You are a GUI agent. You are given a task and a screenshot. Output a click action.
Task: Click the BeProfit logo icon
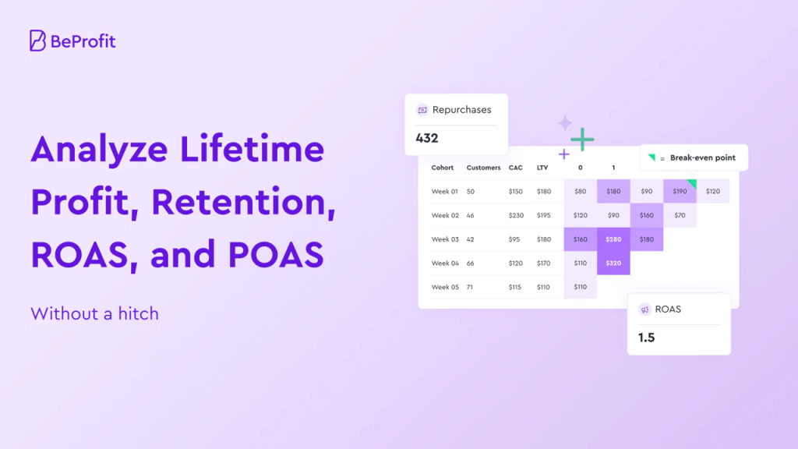pyautogui.click(x=37, y=41)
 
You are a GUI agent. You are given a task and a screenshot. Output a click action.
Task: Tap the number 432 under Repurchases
pyautogui.click(x=427, y=139)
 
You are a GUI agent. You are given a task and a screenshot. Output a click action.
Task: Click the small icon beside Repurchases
pyautogui.click(x=422, y=110)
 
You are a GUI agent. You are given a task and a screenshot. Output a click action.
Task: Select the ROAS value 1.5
pyautogui.click(x=646, y=338)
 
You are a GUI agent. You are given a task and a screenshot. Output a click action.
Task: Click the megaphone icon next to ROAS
pyautogui.click(x=644, y=309)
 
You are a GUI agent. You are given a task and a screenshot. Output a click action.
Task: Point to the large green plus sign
pyautogui.click(x=581, y=140)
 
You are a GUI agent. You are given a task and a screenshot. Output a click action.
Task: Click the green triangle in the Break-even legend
pyautogui.click(x=651, y=157)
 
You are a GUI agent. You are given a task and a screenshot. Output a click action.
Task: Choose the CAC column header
pyautogui.click(x=515, y=168)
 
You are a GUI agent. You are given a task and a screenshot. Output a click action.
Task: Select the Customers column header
pyautogui.click(x=483, y=168)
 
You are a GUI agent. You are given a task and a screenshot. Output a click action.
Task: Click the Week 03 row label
pyautogui.click(x=445, y=239)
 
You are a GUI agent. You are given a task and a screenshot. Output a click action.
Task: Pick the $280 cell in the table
pyautogui.click(x=613, y=239)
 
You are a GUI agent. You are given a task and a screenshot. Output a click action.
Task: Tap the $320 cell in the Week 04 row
pyautogui.click(x=613, y=263)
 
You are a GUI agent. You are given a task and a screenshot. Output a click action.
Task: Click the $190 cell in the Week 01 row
pyautogui.click(x=680, y=191)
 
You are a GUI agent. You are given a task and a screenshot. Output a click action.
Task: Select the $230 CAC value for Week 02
pyautogui.click(x=516, y=215)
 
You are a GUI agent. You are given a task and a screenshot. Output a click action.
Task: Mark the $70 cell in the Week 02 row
pyautogui.click(x=680, y=215)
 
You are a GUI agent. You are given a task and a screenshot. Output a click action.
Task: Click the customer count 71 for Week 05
pyautogui.click(x=471, y=287)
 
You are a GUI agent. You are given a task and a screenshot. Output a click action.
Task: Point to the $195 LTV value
pyautogui.click(x=543, y=215)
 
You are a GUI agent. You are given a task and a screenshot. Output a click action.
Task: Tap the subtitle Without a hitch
pyautogui.click(x=94, y=314)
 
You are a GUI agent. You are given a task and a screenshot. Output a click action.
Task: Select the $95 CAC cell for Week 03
pyautogui.click(x=514, y=239)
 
